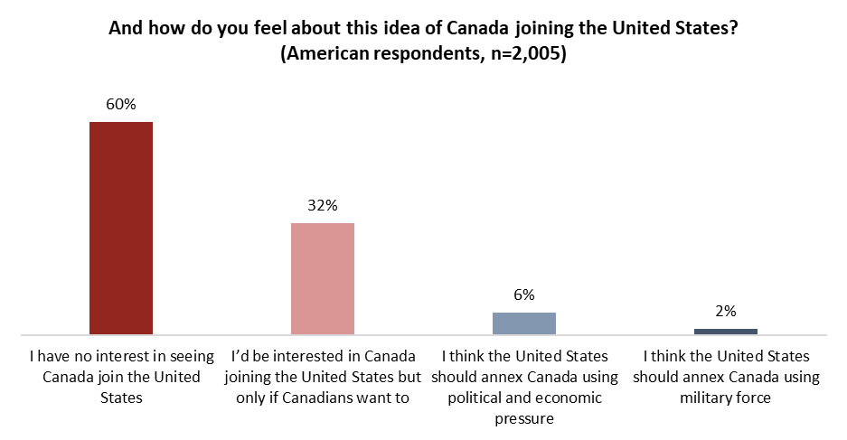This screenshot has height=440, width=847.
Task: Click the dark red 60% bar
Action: (121, 228)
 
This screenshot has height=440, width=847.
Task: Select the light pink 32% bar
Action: (323, 278)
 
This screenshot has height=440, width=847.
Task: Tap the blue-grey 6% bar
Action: (524, 323)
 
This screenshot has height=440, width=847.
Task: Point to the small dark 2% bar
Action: (726, 331)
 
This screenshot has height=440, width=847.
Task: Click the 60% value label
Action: (121, 104)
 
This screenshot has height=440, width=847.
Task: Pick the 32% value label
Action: (323, 205)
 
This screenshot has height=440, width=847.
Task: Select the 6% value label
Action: (524, 295)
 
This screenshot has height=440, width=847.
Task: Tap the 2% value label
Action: (726, 311)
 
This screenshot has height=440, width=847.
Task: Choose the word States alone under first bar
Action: (121, 397)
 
